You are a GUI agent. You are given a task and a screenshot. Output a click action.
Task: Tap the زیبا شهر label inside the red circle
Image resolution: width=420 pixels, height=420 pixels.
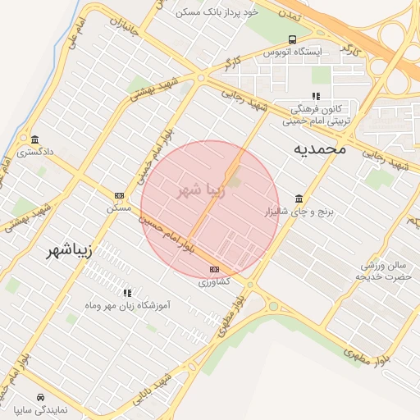pyautogui.click(x=200, y=190)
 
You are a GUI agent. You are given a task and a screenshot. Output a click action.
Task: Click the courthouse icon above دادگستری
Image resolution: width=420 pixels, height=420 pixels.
pyautogui.click(x=34, y=139)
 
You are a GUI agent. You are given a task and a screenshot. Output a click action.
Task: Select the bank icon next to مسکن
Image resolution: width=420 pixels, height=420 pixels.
pyautogui.click(x=119, y=195)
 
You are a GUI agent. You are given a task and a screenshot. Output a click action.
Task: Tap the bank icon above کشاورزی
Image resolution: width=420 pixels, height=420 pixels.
pyautogui.click(x=215, y=269)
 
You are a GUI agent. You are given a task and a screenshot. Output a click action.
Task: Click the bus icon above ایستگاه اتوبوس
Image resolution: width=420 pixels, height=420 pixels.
pyautogui.click(x=293, y=39)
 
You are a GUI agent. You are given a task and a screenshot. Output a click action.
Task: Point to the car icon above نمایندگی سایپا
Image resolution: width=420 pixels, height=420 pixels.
pyautogui.click(x=30, y=396)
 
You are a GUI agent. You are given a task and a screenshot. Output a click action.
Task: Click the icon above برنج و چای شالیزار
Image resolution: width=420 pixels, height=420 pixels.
pyautogui.click(x=299, y=199)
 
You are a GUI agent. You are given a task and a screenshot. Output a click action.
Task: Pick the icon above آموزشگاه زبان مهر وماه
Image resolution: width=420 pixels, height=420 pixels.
pyautogui.click(x=127, y=292)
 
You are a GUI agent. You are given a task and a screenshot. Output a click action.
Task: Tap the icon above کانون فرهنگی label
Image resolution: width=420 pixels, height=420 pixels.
pyautogui.click(x=316, y=96)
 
